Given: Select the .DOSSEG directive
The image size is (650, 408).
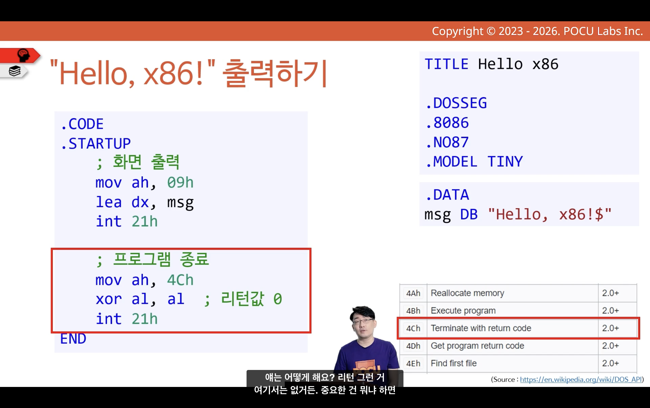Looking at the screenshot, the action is (456, 103).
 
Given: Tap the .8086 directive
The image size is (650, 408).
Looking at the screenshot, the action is (447, 123).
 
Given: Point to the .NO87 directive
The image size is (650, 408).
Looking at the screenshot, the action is (447, 142).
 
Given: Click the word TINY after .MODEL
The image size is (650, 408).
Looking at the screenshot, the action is (505, 162).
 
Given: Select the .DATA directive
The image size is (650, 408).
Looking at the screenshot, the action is (447, 195).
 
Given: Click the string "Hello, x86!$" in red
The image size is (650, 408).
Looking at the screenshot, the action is (550, 215).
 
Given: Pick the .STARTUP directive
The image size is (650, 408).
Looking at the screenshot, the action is (96, 143).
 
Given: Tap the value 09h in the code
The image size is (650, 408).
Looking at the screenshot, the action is (180, 183).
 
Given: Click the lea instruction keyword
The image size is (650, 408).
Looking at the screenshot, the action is (109, 202).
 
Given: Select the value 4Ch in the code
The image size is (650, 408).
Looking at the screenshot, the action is (180, 280).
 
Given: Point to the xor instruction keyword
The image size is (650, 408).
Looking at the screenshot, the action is (109, 299).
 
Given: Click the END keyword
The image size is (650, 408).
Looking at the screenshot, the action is (73, 338).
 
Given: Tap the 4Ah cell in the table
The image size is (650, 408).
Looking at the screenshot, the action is (413, 293).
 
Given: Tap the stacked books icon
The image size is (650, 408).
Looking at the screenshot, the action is (15, 71).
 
